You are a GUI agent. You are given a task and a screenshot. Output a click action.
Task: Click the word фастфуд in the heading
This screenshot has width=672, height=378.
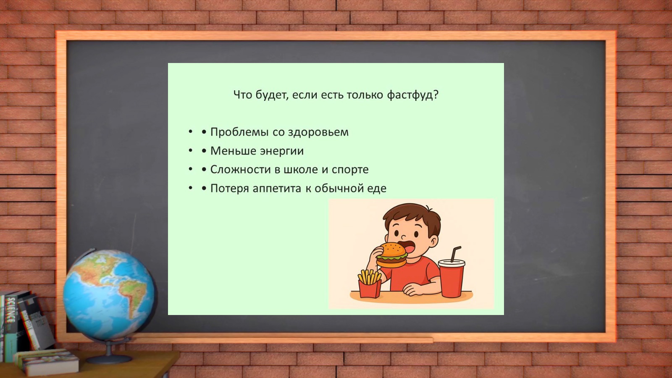tap(412, 95)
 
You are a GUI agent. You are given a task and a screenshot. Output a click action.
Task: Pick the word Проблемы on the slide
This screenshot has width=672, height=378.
tap(240, 132)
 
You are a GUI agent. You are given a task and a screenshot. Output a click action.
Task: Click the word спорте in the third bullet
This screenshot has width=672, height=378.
tap(350, 170)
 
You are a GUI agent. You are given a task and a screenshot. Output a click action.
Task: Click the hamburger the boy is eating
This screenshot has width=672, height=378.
tap(391, 255)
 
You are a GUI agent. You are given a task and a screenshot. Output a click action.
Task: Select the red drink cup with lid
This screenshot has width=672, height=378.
tap(451, 278)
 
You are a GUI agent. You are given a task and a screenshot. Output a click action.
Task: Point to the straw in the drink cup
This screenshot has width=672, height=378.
tap(455, 254)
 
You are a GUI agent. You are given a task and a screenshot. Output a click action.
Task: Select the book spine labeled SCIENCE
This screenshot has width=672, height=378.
tap(11, 312)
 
